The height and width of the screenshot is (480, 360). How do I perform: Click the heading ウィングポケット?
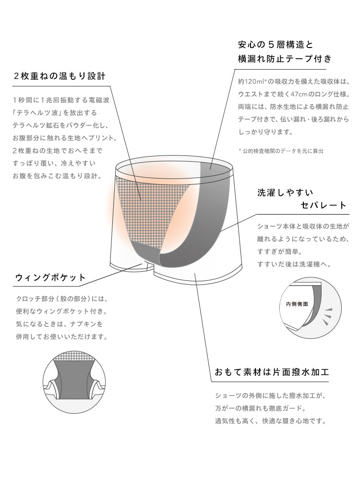tap(50, 278)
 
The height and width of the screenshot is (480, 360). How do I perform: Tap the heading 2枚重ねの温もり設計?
tap(60, 76)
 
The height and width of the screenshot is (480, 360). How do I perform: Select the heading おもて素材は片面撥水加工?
tap(272, 372)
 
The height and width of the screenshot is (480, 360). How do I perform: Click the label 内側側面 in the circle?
tap(297, 304)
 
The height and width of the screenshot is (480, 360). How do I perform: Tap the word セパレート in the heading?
tap(324, 205)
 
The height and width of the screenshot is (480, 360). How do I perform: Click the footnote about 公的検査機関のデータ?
tap(281, 151)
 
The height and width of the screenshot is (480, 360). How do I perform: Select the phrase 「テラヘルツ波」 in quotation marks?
tap(37, 113)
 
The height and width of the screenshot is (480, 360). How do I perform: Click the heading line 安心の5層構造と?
tap(276, 45)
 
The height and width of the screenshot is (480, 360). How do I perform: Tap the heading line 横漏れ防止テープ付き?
tap(285, 59)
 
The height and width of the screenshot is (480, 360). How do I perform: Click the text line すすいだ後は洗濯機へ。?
tap(294, 264)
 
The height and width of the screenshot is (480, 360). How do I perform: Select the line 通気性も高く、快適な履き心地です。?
tap(271, 421)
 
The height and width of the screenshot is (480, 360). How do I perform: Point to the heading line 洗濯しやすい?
tap(285, 192)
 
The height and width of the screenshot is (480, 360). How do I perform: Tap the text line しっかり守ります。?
tap(266, 132)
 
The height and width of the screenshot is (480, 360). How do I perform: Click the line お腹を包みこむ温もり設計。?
tap(57, 176)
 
